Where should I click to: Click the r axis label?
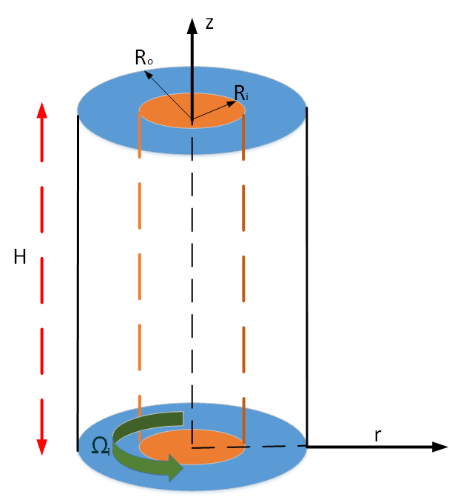click(x=377, y=435)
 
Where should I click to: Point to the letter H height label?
click(x=21, y=258)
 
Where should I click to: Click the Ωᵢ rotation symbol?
click(x=101, y=444)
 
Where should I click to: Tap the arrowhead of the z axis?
click(x=192, y=24)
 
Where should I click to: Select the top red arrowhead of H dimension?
click(x=42, y=110)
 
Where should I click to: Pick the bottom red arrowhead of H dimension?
click(x=42, y=447)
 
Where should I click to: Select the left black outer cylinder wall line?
click(x=78, y=281)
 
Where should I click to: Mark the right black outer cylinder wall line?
click(x=306, y=281)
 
